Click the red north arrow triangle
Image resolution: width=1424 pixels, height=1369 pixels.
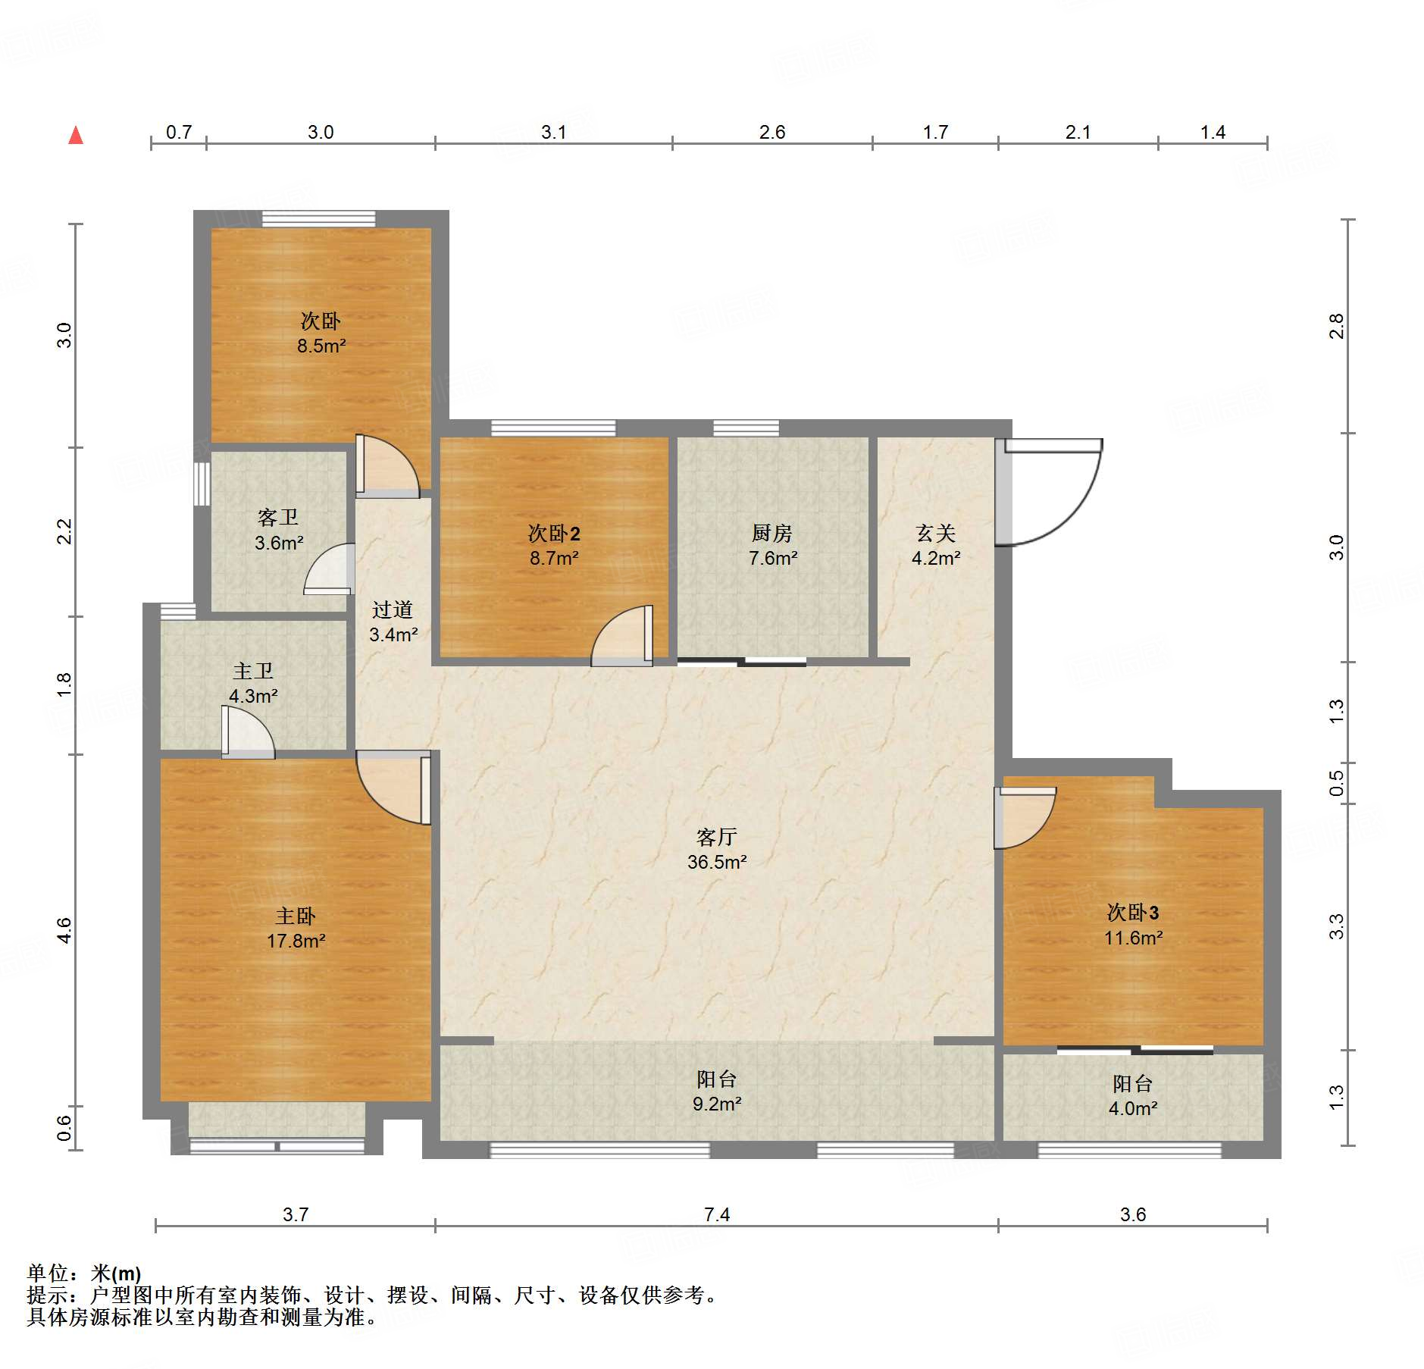(76, 136)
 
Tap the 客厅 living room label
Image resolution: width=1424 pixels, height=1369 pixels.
(716, 837)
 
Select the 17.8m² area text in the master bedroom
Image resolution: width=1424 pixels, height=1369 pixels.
(296, 941)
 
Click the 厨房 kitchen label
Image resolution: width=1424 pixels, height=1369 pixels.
(771, 533)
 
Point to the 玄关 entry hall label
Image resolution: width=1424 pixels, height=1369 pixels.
(935, 533)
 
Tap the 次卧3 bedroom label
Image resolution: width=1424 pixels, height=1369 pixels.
(1133, 912)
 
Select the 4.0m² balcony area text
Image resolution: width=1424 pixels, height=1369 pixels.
(1133, 1108)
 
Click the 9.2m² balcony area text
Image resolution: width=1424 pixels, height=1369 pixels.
(716, 1104)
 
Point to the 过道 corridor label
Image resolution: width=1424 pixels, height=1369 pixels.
(393, 609)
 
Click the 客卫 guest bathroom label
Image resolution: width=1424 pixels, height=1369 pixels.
(278, 517)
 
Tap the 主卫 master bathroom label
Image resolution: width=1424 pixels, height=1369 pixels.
(253, 671)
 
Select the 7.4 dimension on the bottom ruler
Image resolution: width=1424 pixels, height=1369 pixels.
(716, 1214)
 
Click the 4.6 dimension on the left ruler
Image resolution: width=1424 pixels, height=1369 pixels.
(64, 930)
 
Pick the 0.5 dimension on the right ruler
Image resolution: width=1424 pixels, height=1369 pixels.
(1336, 783)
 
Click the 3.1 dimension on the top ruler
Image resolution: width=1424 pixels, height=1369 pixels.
(553, 132)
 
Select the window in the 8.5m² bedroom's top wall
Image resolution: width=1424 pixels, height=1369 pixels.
(318, 218)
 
